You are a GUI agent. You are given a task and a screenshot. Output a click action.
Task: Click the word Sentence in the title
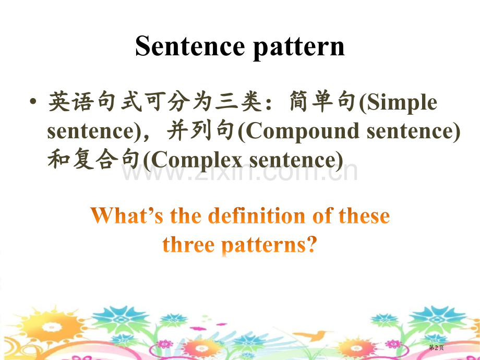190,46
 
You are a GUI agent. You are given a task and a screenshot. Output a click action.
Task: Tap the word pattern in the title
299,48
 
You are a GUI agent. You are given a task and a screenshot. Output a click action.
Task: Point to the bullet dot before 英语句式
33,101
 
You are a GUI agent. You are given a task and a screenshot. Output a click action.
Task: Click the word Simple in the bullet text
402,103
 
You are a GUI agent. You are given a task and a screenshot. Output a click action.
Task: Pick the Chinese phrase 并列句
201,130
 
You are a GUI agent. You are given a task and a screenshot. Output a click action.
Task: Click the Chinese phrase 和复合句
94,159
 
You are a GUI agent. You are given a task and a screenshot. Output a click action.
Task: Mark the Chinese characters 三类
239,101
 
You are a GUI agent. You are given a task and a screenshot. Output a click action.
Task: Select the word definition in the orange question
257,215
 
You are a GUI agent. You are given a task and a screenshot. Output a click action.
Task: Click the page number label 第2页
436,347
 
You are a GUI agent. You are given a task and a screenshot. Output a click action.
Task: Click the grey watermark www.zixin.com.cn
239,172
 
